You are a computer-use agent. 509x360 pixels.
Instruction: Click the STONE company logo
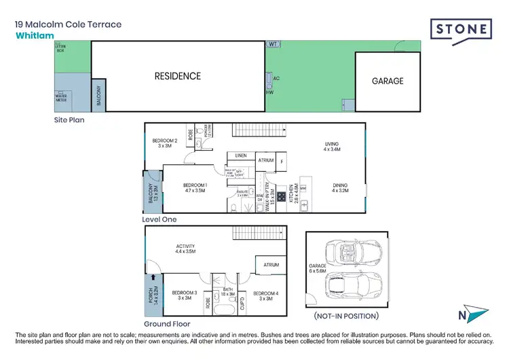click(461, 29)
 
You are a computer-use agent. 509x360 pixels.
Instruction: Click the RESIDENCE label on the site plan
click(177, 76)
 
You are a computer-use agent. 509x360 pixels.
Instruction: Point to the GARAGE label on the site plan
click(387, 81)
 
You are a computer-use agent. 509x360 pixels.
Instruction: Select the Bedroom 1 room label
click(195, 188)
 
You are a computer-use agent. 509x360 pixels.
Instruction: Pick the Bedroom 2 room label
click(164, 143)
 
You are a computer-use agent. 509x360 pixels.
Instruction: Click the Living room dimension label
click(331, 147)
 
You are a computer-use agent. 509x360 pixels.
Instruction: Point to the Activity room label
click(185, 249)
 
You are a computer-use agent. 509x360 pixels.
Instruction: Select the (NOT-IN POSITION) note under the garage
click(346, 316)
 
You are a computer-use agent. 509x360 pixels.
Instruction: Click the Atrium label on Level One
click(265, 160)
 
